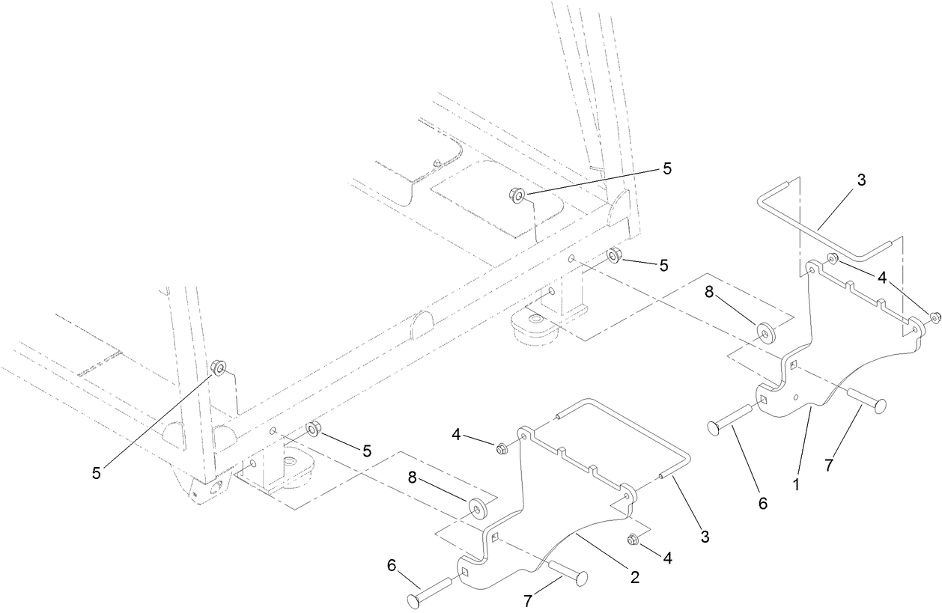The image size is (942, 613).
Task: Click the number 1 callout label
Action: click(796, 484)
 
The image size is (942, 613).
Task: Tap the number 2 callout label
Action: click(634, 576)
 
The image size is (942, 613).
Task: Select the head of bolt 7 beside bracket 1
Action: click(879, 405)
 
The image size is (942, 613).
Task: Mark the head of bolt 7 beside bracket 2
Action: click(580, 578)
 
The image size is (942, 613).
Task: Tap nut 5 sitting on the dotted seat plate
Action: click(517, 195)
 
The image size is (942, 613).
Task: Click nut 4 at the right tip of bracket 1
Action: click(934, 317)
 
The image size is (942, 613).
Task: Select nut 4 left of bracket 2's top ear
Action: click(503, 448)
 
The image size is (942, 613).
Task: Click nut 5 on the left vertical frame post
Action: click(217, 368)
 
